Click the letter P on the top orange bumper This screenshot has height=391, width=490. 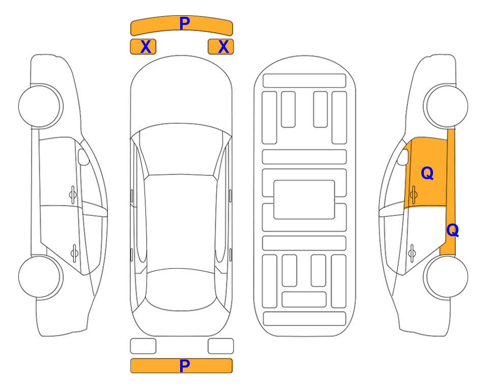pyautogui.click(x=184, y=23)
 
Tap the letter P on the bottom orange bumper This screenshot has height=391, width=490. pyautogui.click(x=184, y=366)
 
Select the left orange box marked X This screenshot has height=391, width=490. pyautogui.click(x=143, y=47)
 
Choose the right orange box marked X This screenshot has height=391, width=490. pyautogui.click(x=221, y=47)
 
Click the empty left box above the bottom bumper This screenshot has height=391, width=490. pyautogui.click(x=143, y=346)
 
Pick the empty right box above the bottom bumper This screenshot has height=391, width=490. pyautogui.click(x=221, y=346)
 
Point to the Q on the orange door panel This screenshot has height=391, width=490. pyautogui.click(x=427, y=173)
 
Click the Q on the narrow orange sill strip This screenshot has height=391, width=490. pyautogui.click(x=452, y=230)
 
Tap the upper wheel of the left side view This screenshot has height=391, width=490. pyautogui.click(x=41, y=106)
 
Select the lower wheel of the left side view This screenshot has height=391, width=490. pyautogui.click(x=41, y=277)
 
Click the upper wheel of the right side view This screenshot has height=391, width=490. pyautogui.click(x=446, y=106)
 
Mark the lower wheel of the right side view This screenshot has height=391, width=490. pyautogui.click(x=446, y=277)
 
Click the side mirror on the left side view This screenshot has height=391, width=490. pyautogui.click(x=83, y=157)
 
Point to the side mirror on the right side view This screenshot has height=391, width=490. pyautogui.click(x=403, y=157)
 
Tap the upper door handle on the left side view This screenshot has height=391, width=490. pyautogui.click(x=73, y=195)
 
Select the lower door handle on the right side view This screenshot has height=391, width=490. pyautogui.click(x=412, y=253)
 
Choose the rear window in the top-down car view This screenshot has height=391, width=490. pyautogui.click(x=181, y=289)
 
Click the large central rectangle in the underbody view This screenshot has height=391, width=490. pyautogui.click(x=304, y=200)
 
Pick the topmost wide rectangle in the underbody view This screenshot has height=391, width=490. pyautogui.click(x=304, y=81)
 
